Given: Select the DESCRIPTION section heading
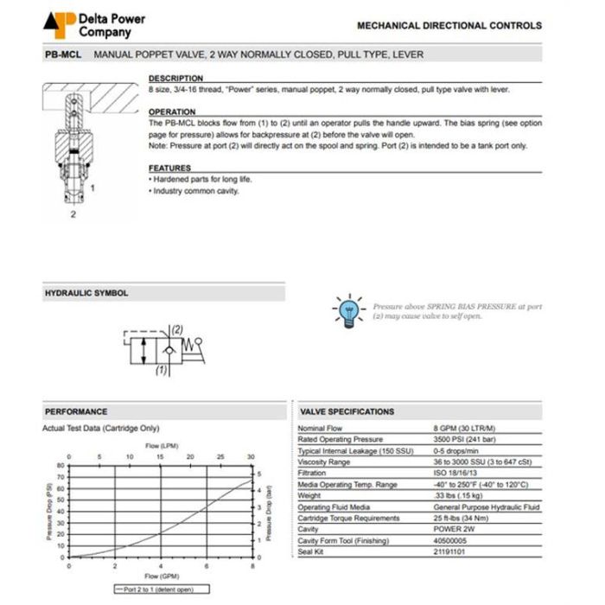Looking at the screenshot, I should (175, 79).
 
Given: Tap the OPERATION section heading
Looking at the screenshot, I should (172, 112).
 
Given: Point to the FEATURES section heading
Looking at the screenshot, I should (169, 168).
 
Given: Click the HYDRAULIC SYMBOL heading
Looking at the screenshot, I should (86, 293).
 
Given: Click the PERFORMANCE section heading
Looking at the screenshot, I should (76, 411).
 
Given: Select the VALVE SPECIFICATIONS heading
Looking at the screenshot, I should (347, 411).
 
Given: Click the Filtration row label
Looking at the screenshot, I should (312, 473).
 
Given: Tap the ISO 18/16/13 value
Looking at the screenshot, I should (455, 473).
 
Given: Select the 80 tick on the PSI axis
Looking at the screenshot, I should (60, 465).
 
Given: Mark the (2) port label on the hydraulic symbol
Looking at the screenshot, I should (176, 328).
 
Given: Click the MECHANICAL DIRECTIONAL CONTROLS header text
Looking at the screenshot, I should (449, 25).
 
